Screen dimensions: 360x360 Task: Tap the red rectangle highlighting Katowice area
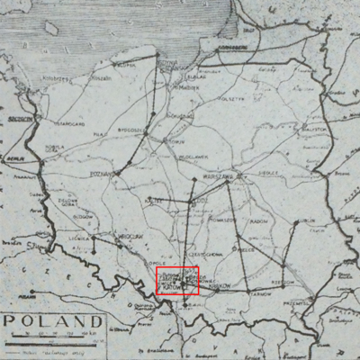(177, 281)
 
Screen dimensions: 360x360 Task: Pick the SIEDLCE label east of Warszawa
(266, 174)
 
